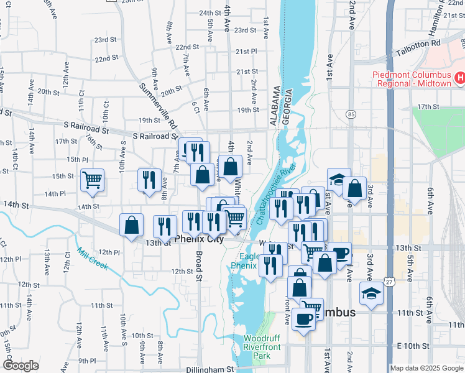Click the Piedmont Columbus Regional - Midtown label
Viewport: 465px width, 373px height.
coord(411,79)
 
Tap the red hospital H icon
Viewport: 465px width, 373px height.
coord(460,78)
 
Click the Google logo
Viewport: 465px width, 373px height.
coord(21,365)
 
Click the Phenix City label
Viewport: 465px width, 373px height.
coord(199,239)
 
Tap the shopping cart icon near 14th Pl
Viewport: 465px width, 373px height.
coord(92,180)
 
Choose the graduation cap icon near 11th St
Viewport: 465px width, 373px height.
coord(372,293)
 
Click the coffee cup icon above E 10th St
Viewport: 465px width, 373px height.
coord(303,319)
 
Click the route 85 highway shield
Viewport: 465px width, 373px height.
coord(352,114)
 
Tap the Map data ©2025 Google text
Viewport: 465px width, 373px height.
coord(426,368)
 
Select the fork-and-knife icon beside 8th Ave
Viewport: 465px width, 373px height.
coord(149,180)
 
